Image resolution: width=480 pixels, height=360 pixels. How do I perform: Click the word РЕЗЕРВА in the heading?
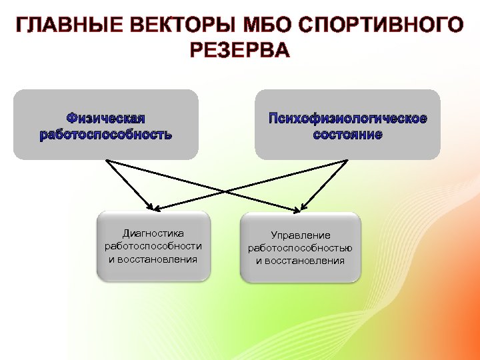(x=240, y=51)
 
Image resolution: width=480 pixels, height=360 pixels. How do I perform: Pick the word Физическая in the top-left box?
(x=105, y=119)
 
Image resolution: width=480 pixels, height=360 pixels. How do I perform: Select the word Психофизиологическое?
(x=347, y=119)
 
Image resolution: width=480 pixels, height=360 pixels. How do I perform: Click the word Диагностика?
(x=153, y=233)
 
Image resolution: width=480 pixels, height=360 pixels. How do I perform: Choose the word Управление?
(x=300, y=235)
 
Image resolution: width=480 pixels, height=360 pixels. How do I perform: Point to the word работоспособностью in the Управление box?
(x=300, y=248)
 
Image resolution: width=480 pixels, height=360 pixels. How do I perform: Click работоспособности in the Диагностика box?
(x=153, y=246)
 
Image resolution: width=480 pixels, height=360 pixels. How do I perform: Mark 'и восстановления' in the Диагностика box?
(x=153, y=259)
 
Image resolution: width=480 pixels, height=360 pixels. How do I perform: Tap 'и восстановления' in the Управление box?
(x=300, y=261)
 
